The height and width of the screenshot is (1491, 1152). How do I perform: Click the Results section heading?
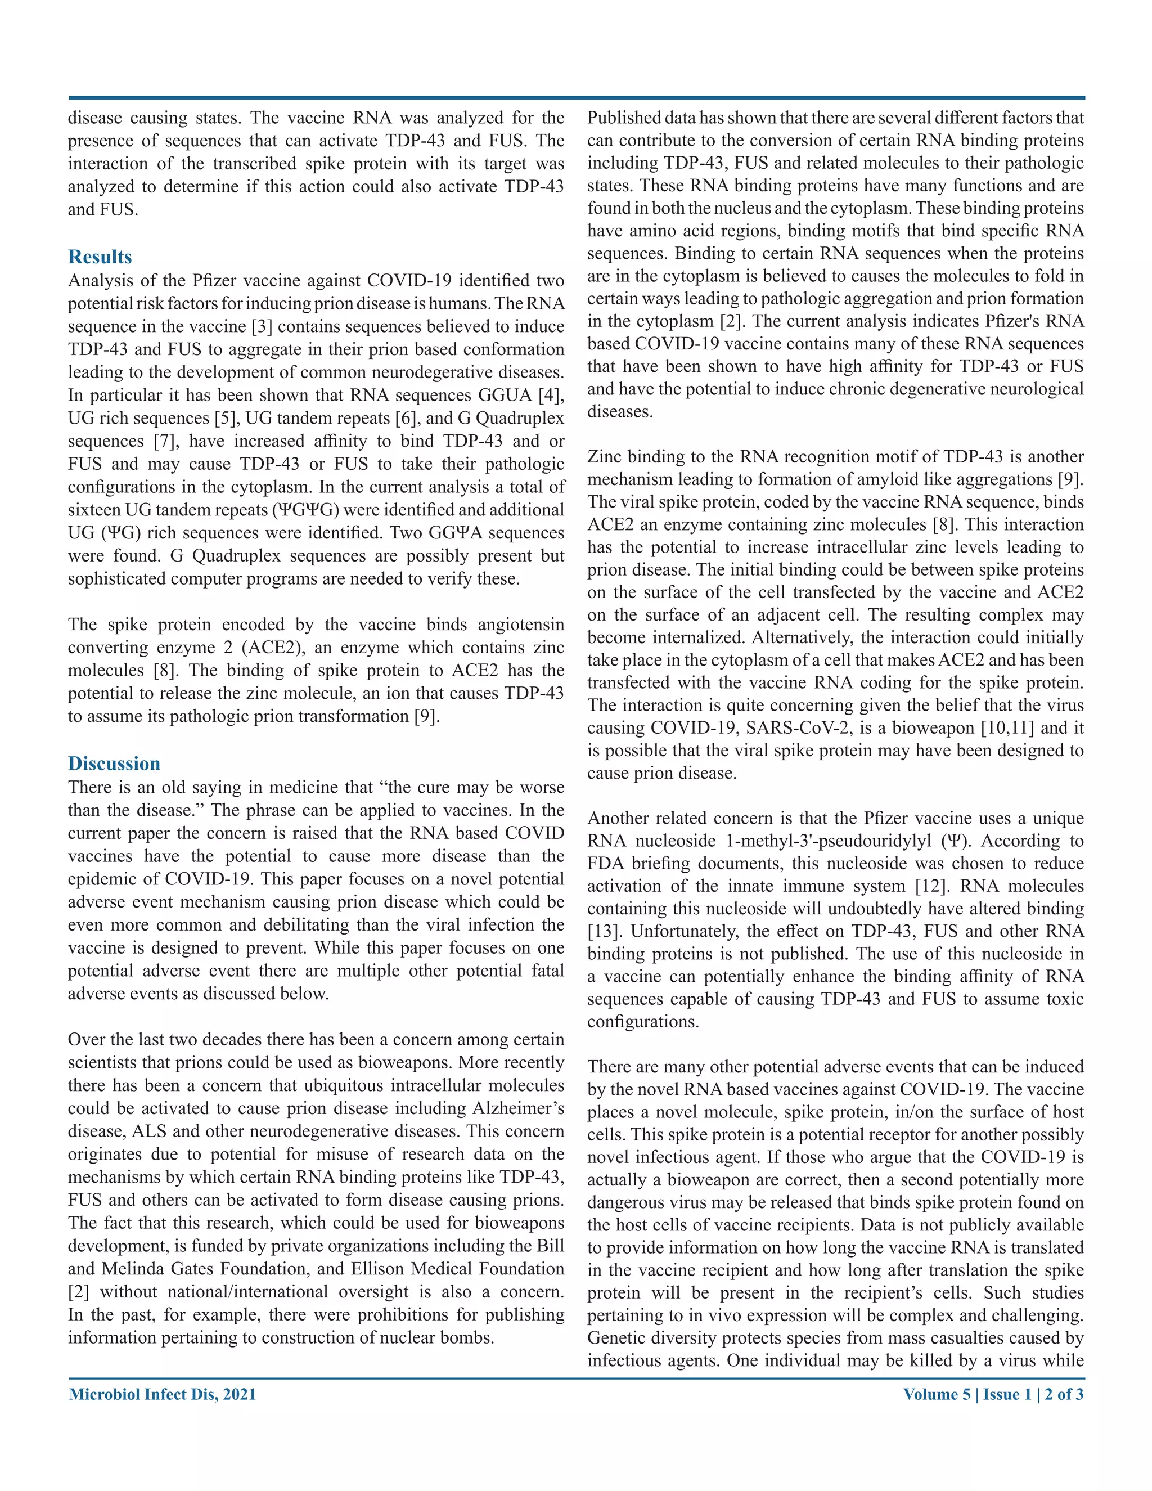pyautogui.click(x=100, y=257)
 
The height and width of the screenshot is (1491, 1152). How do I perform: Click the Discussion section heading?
pyautogui.click(x=114, y=764)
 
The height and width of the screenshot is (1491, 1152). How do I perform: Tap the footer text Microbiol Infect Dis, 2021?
pyautogui.click(x=163, y=1394)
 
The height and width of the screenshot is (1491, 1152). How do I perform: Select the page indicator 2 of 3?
pyautogui.click(x=1064, y=1394)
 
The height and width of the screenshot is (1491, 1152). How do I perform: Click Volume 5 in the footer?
pyautogui.click(x=937, y=1394)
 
